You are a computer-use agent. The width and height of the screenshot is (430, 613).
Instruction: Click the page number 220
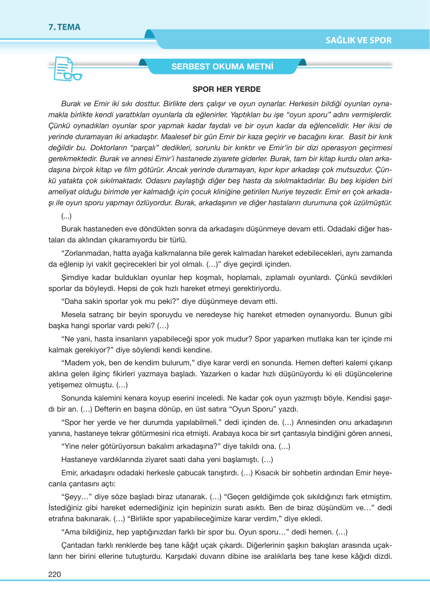pyautogui.click(x=55, y=574)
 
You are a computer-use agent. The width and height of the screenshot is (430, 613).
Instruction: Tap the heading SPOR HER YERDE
pyautogui.click(x=226, y=90)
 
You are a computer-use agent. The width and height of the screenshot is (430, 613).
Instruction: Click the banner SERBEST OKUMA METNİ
pyautogui.click(x=222, y=67)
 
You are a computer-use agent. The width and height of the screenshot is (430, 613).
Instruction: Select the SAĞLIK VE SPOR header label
pyautogui.click(x=358, y=40)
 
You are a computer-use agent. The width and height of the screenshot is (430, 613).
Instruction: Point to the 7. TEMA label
pyautogui.click(x=64, y=27)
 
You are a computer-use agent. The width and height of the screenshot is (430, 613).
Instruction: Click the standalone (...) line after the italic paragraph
pyautogui.click(x=66, y=216)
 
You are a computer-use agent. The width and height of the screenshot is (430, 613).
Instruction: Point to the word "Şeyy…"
pyautogui.click(x=76, y=497)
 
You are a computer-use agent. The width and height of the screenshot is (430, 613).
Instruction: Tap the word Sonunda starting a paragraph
pyautogui.click(x=75, y=398)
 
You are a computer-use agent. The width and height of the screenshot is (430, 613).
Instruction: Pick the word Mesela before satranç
pyautogui.click(x=73, y=314)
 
